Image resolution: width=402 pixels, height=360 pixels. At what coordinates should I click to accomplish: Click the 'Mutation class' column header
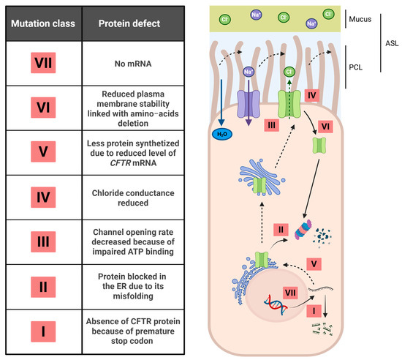(x=43, y=23)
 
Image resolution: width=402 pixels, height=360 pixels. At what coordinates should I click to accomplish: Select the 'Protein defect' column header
(x=129, y=23)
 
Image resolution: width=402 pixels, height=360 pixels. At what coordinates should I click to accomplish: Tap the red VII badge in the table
(x=43, y=63)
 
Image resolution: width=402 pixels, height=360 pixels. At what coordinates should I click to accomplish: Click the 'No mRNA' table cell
(x=133, y=64)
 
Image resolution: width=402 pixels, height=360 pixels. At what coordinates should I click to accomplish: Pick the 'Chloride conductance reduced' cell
(x=133, y=198)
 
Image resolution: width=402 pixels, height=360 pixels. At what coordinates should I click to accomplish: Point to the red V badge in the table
(x=43, y=151)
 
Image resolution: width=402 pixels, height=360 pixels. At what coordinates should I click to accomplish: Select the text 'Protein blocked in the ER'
(x=133, y=281)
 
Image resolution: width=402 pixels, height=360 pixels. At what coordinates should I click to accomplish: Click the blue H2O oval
(x=222, y=134)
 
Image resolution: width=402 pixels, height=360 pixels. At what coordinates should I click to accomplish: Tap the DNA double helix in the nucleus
(x=276, y=304)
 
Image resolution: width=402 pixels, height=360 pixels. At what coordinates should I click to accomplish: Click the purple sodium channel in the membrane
(x=249, y=104)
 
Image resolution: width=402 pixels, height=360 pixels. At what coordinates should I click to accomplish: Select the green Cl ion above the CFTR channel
(x=289, y=72)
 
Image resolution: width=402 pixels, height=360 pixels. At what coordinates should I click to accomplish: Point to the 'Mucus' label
(x=360, y=19)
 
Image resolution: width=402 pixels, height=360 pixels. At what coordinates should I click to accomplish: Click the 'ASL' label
(x=392, y=43)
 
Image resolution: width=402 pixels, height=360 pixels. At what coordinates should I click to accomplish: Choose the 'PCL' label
(x=356, y=67)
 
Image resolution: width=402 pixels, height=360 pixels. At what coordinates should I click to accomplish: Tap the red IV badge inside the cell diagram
(x=312, y=95)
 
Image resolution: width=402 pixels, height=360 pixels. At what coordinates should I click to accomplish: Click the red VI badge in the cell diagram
(x=325, y=127)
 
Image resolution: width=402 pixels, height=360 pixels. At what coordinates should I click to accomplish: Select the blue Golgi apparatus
(x=262, y=177)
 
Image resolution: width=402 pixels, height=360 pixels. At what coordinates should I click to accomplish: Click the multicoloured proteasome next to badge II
(x=303, y=230)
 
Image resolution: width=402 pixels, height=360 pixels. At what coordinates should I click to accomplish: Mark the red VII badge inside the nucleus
(x=290, y=293)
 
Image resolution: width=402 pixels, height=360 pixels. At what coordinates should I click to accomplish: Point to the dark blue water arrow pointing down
(x=221, y=102)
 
